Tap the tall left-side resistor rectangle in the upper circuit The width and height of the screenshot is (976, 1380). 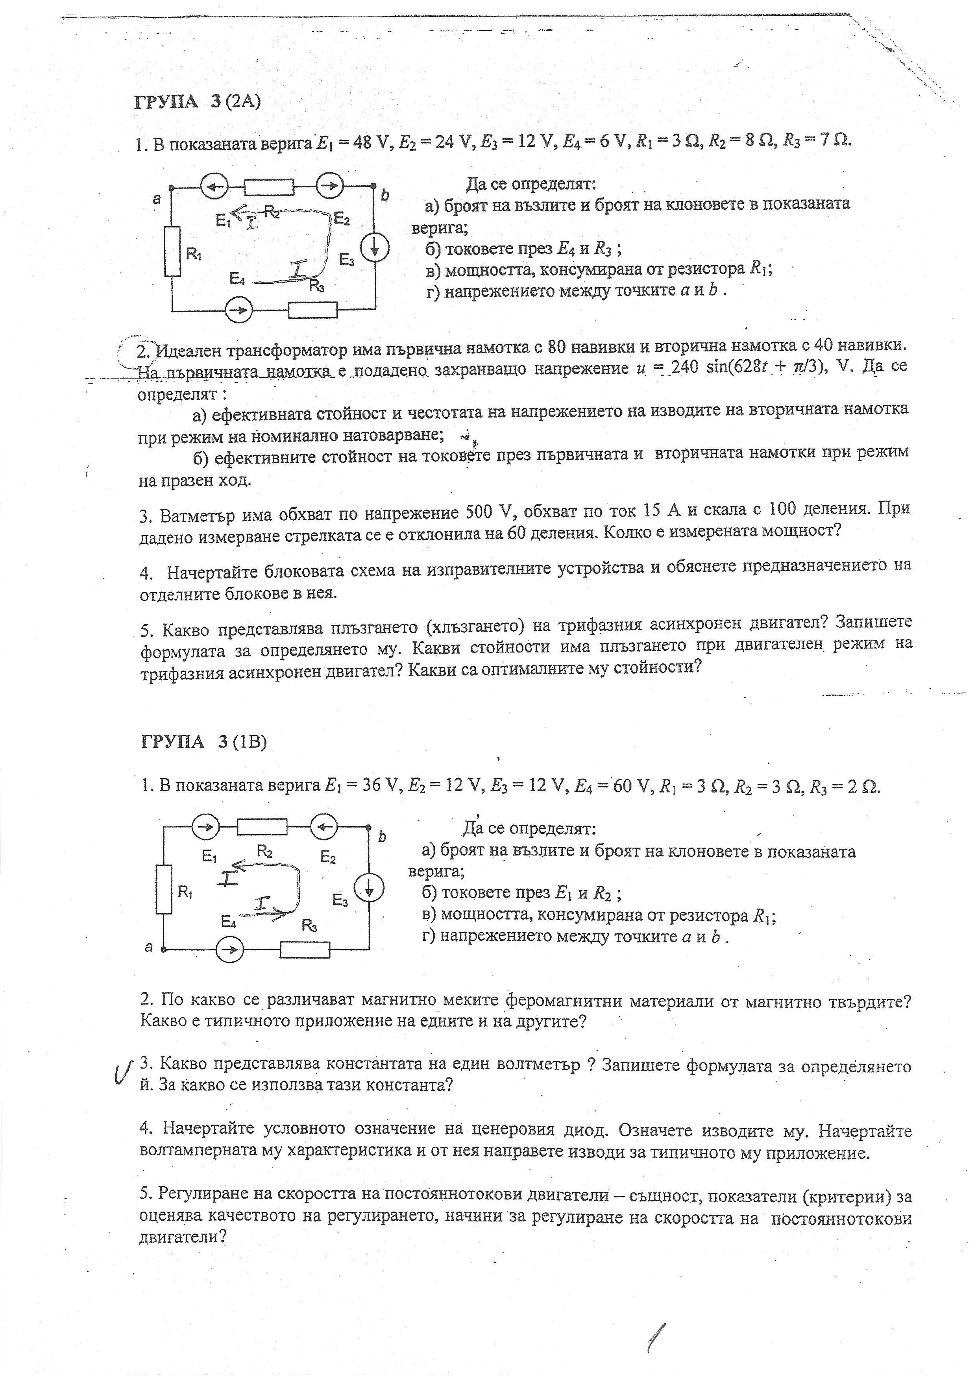coord(172,251)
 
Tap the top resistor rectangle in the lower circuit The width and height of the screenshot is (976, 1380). coord(262,828)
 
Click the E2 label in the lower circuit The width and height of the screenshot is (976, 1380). coord(328,857)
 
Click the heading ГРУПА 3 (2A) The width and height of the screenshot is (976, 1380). coord(198,102)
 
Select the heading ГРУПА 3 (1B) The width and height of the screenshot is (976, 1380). coord(203,742)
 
